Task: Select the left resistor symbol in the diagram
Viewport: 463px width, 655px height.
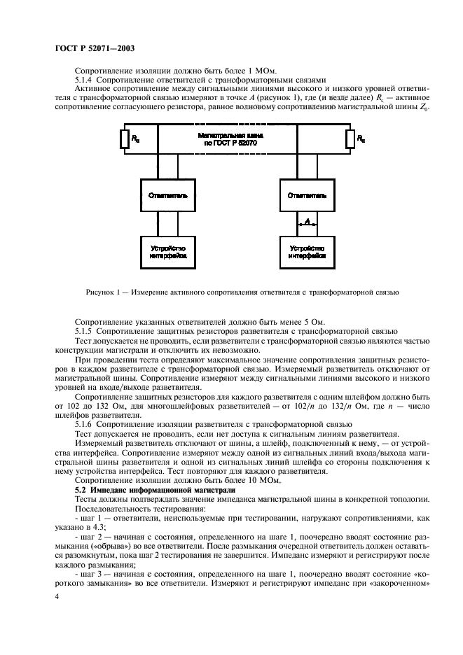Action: [124, 139]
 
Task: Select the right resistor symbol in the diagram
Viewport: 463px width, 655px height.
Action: [350, 139]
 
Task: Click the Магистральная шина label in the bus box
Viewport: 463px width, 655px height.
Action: [237, 136]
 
